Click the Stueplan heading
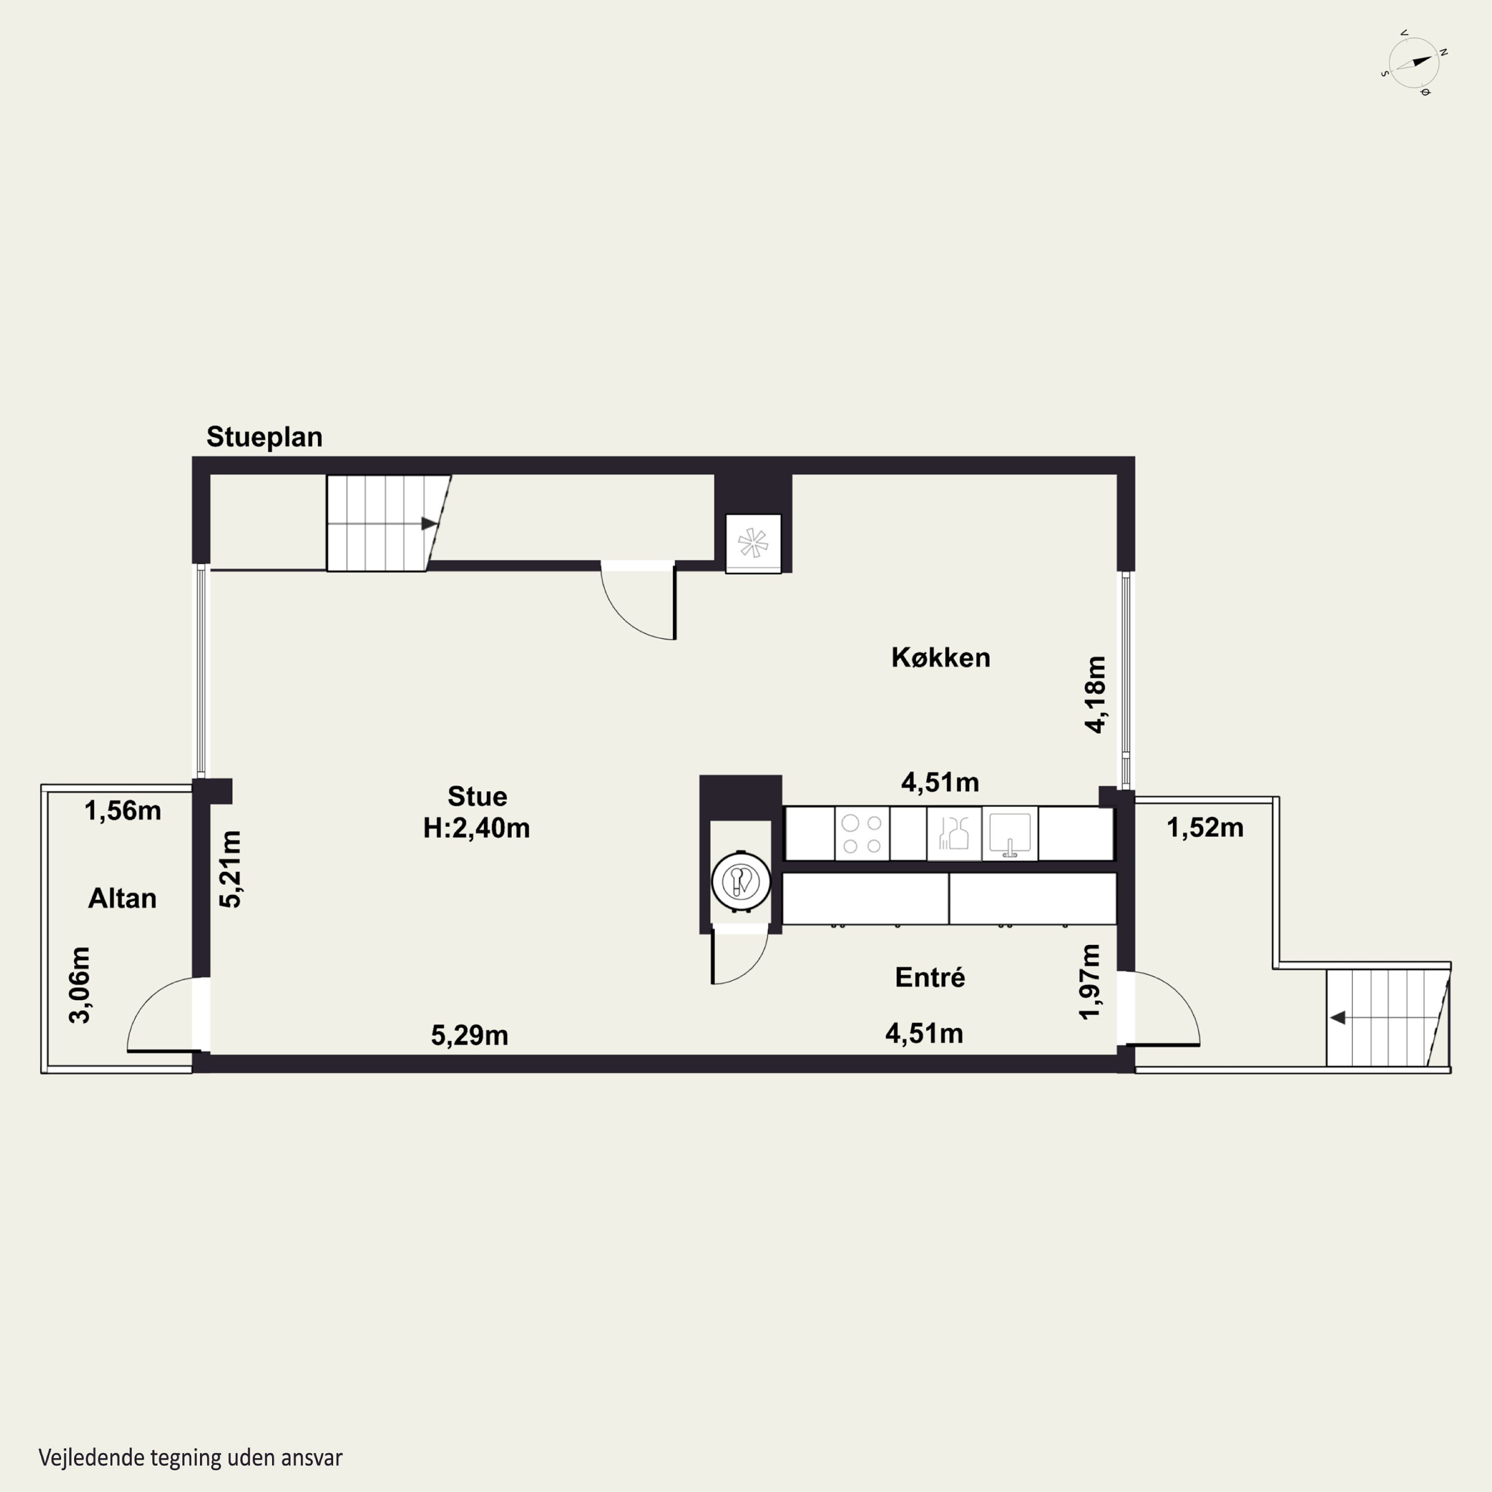pos(264,437)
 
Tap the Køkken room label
pos(940,657)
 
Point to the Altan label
pos(122,898)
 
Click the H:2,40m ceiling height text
pos(476,828)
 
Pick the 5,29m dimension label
pos(469,1035)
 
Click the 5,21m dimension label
pos(230,869)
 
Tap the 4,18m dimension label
pos(1095,694)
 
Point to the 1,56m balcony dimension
pos(123,811)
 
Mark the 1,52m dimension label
pos(1205,828)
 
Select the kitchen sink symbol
pos(1010,833)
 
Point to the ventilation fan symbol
pos(753,543)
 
